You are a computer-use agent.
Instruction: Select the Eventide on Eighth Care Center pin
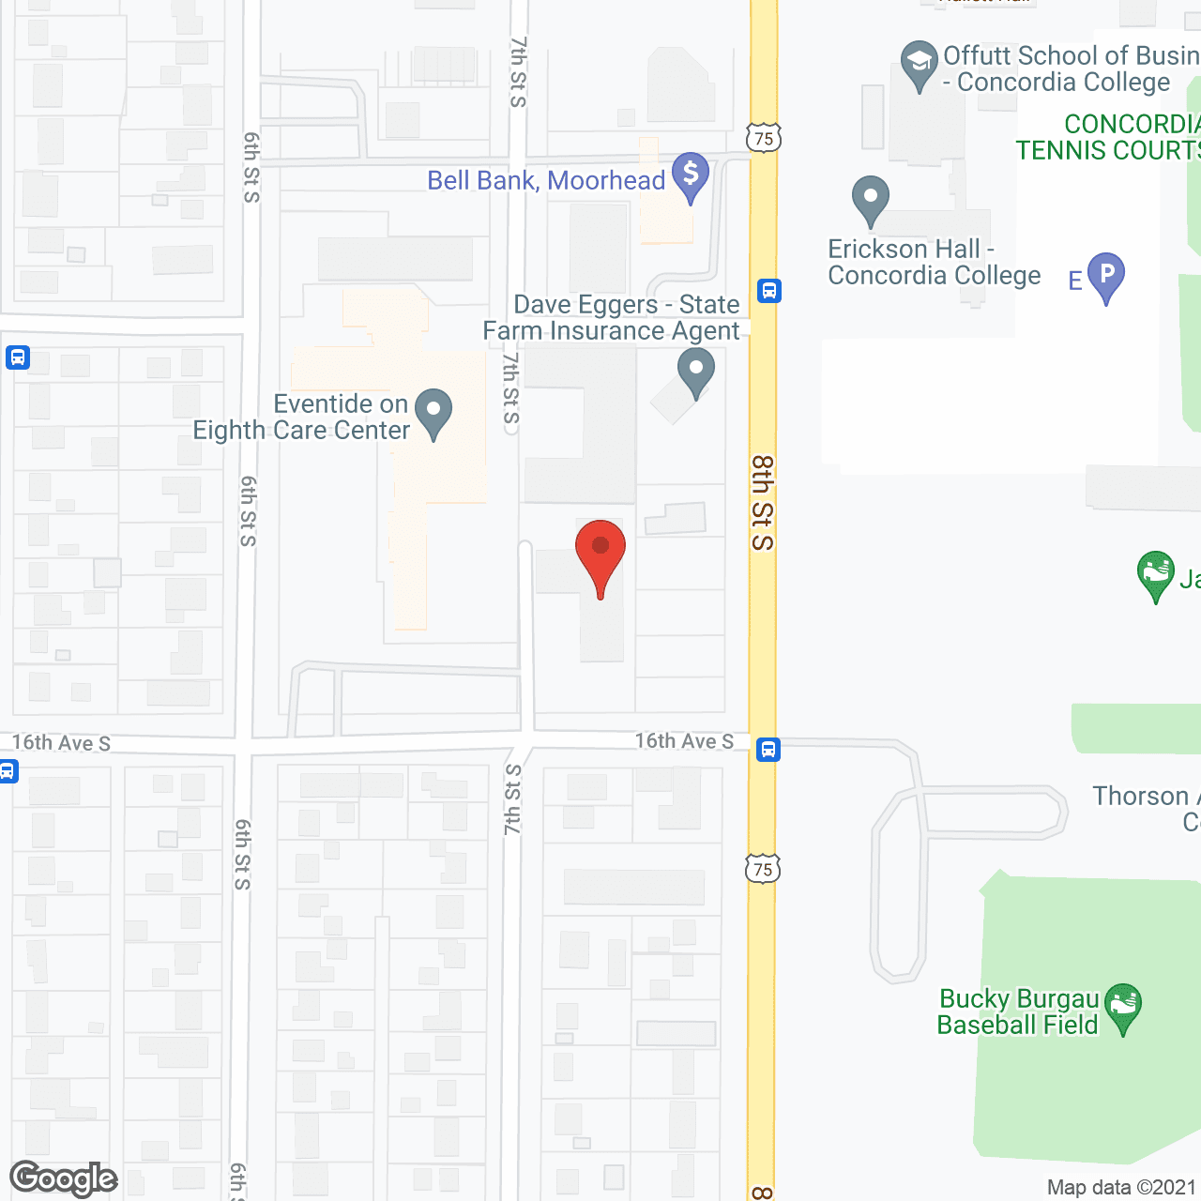[433, 413]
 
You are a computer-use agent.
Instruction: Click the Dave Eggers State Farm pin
[696, 372]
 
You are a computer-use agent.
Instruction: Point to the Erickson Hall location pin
[871, 200]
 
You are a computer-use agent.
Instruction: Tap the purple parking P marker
[1106, 276]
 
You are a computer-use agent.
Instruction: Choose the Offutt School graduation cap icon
[919, 64]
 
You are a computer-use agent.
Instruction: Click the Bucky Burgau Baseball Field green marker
[1122, 1007]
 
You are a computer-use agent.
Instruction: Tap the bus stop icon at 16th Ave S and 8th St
[768, 750]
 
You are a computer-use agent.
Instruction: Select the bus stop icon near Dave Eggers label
[769, 291]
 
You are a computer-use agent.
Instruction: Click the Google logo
[63, 1178]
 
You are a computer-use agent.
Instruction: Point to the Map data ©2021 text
[1121, 1188]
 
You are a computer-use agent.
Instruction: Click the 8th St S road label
[763, 503]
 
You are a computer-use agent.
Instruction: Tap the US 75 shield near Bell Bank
[764, 139]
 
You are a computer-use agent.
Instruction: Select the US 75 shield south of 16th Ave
[763, 869]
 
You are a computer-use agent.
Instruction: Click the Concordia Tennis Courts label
[1107, 137]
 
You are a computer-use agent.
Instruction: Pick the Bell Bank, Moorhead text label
[546, 180]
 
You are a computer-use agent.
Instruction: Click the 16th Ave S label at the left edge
[61, 743]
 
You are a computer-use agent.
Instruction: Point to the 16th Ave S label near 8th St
[684, 741]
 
